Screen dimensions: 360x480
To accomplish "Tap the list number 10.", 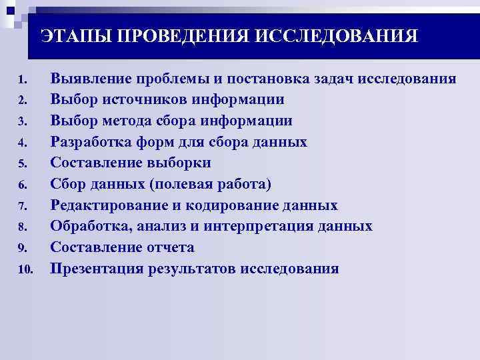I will coord(24,270).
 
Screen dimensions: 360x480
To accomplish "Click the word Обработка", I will coord(91,226).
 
